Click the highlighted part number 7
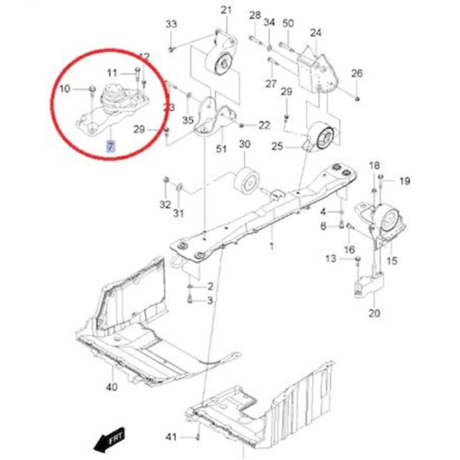[x=110, y=147]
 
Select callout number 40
[x=112, y=387]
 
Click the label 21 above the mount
[x=226, y=10]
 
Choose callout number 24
[x=316, y=33]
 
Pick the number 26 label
[x=357, y=73]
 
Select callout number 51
[x=222, y=149]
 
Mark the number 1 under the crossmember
[x=271, y=247]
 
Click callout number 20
[x=374, y=314]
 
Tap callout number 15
[x=392, y=261]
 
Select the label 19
[x=404, y=181]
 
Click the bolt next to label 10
[x=92, y=88]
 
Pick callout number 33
[x=171, y=24]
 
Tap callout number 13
[x=331, y=259]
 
